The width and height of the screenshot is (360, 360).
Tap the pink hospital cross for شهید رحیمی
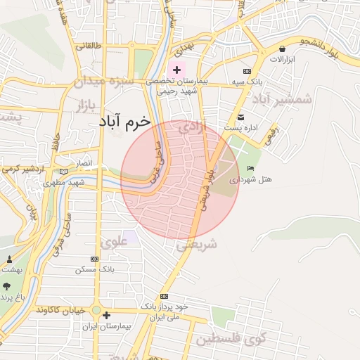176,70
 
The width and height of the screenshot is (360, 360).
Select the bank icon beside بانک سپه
247,71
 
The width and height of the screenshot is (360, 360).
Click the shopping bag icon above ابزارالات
283,49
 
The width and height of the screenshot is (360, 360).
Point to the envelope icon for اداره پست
241,117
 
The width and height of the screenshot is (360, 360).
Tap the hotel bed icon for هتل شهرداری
251,168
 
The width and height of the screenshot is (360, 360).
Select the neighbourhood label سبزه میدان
105,81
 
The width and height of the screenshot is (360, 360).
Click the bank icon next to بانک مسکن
95,259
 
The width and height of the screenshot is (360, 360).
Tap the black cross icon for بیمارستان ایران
105,316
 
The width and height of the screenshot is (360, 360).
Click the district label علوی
112,243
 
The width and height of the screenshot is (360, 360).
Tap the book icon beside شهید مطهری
64,172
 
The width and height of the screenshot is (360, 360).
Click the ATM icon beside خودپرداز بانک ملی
164,296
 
